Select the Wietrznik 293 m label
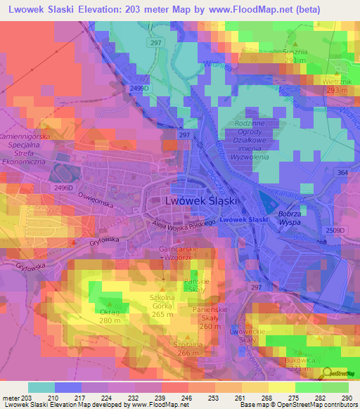click(x=335, y=86)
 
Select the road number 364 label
click(x=342, y=173)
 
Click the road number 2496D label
click(x=64, y=188)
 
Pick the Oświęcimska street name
click(x=96, y=200)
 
